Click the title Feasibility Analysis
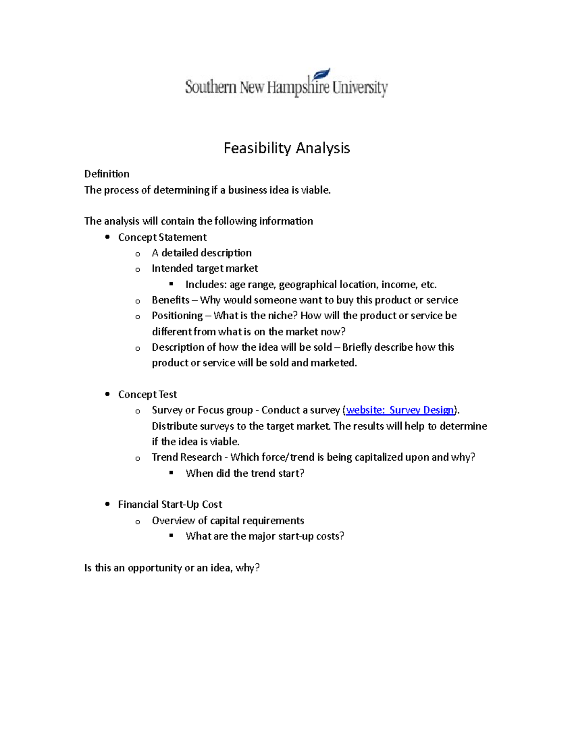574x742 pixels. [x=287, y=148]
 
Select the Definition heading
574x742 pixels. [x=107, y=174]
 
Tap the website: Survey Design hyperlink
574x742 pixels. [x=400, y=410]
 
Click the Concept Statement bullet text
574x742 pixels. [x=162, y=237]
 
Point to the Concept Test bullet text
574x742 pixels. [x=147, y=395]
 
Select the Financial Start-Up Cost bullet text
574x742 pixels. [x=170, y=505]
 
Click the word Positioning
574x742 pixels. [x=177, y=316]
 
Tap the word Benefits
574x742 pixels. [x=170, y=300]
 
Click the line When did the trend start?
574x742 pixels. [x=245, y=473]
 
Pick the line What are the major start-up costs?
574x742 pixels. [x=265, y=536]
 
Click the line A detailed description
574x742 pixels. [x=201, y=253]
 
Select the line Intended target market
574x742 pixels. [x=205, y=269]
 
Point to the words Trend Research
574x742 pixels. [x=187, y=457]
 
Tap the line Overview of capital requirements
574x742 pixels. [x=228, y=521]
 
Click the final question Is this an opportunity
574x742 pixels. [x=172, y=568]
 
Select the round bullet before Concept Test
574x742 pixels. [x=108, y=394]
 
